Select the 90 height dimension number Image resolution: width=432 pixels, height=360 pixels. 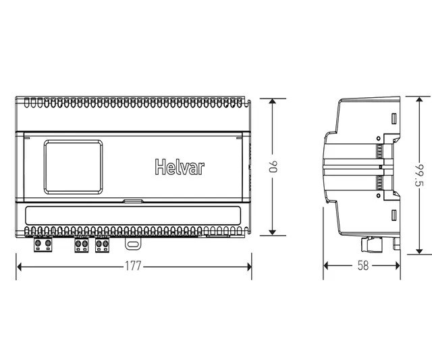273,167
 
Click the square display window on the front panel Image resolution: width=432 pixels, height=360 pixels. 74,165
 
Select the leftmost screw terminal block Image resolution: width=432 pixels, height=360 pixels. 43,245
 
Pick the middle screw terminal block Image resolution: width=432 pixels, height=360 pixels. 82,245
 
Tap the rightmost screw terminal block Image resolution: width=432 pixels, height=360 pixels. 103,245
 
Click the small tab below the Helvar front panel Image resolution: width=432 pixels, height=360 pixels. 132,201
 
